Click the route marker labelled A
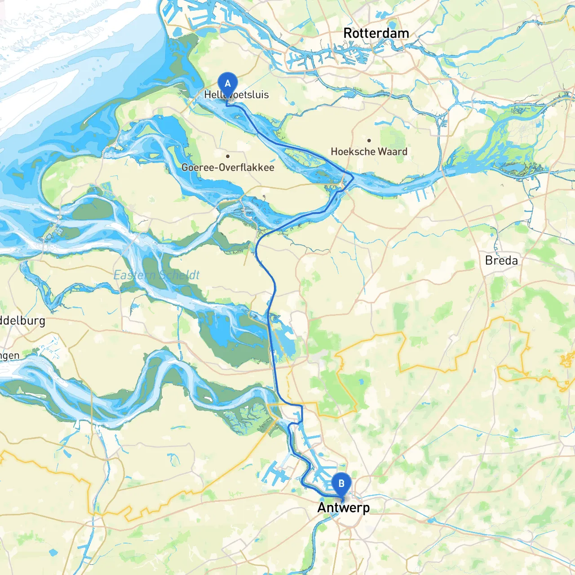pos(228,84)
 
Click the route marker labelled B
pos(341,484)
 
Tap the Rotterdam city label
pos(376,33)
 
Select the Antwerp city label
pos(344,508)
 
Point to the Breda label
pos(501,261)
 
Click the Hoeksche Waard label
pos(369,152)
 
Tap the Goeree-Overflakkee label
pos(228,168)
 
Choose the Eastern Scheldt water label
pos(156,275)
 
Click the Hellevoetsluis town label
pos(236,95)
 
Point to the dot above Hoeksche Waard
pos(369,141)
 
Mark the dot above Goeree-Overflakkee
pos(228,156)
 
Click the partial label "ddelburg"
pos(22,321)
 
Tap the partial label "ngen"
pos(9,356)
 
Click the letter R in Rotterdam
pos(348,33)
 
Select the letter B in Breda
pos(489,261)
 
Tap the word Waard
pos(392,152)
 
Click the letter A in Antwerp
pos(322,508)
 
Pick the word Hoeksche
pos(350,152)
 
